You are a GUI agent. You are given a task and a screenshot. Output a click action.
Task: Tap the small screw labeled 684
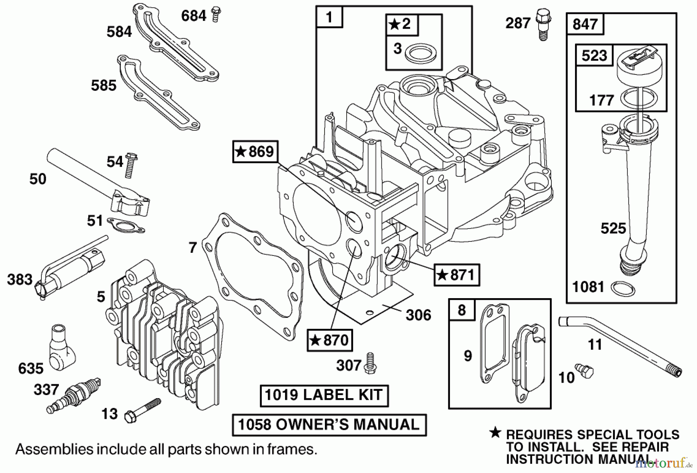(x=216, y=15)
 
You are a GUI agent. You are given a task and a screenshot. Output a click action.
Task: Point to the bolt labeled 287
(x=543, y=24)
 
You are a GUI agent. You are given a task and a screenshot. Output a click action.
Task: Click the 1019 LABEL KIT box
(x=324, y=395)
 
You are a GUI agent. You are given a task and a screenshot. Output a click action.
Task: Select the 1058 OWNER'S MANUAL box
(x=329, y=425)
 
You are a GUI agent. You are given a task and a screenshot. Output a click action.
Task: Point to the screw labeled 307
(x=370, y=363)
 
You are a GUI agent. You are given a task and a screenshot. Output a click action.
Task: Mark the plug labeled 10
(x=584, y=370)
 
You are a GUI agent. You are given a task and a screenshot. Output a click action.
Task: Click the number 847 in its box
(x=585, y=24)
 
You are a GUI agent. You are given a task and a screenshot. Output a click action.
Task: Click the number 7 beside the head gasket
(x=193, y=247)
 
